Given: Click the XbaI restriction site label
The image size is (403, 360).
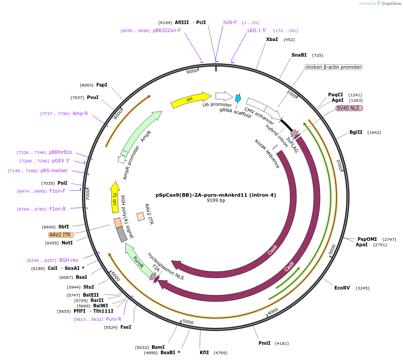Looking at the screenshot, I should (272, 39).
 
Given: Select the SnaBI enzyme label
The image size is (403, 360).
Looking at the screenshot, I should (299, 55).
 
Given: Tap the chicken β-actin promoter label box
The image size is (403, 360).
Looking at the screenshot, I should (333, 67).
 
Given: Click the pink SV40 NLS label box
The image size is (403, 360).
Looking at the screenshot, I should (350, 108).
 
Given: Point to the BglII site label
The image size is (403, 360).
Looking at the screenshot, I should (356, 132).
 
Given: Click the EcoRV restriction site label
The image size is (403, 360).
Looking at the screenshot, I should (342, 288).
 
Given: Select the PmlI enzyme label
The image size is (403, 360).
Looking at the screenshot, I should (264, 343).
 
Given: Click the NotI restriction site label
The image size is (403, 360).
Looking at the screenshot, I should (67, 243).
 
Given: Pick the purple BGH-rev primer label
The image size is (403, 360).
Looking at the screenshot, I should (69, 260).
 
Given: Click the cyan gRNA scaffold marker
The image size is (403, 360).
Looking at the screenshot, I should (238, 98).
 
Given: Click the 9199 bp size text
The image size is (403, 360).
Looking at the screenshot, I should (216, 201).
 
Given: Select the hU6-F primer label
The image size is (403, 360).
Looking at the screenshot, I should (230, 22).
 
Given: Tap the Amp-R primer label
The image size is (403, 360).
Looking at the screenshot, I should (80, 113).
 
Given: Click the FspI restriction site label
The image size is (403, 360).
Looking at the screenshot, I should (102, 85).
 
